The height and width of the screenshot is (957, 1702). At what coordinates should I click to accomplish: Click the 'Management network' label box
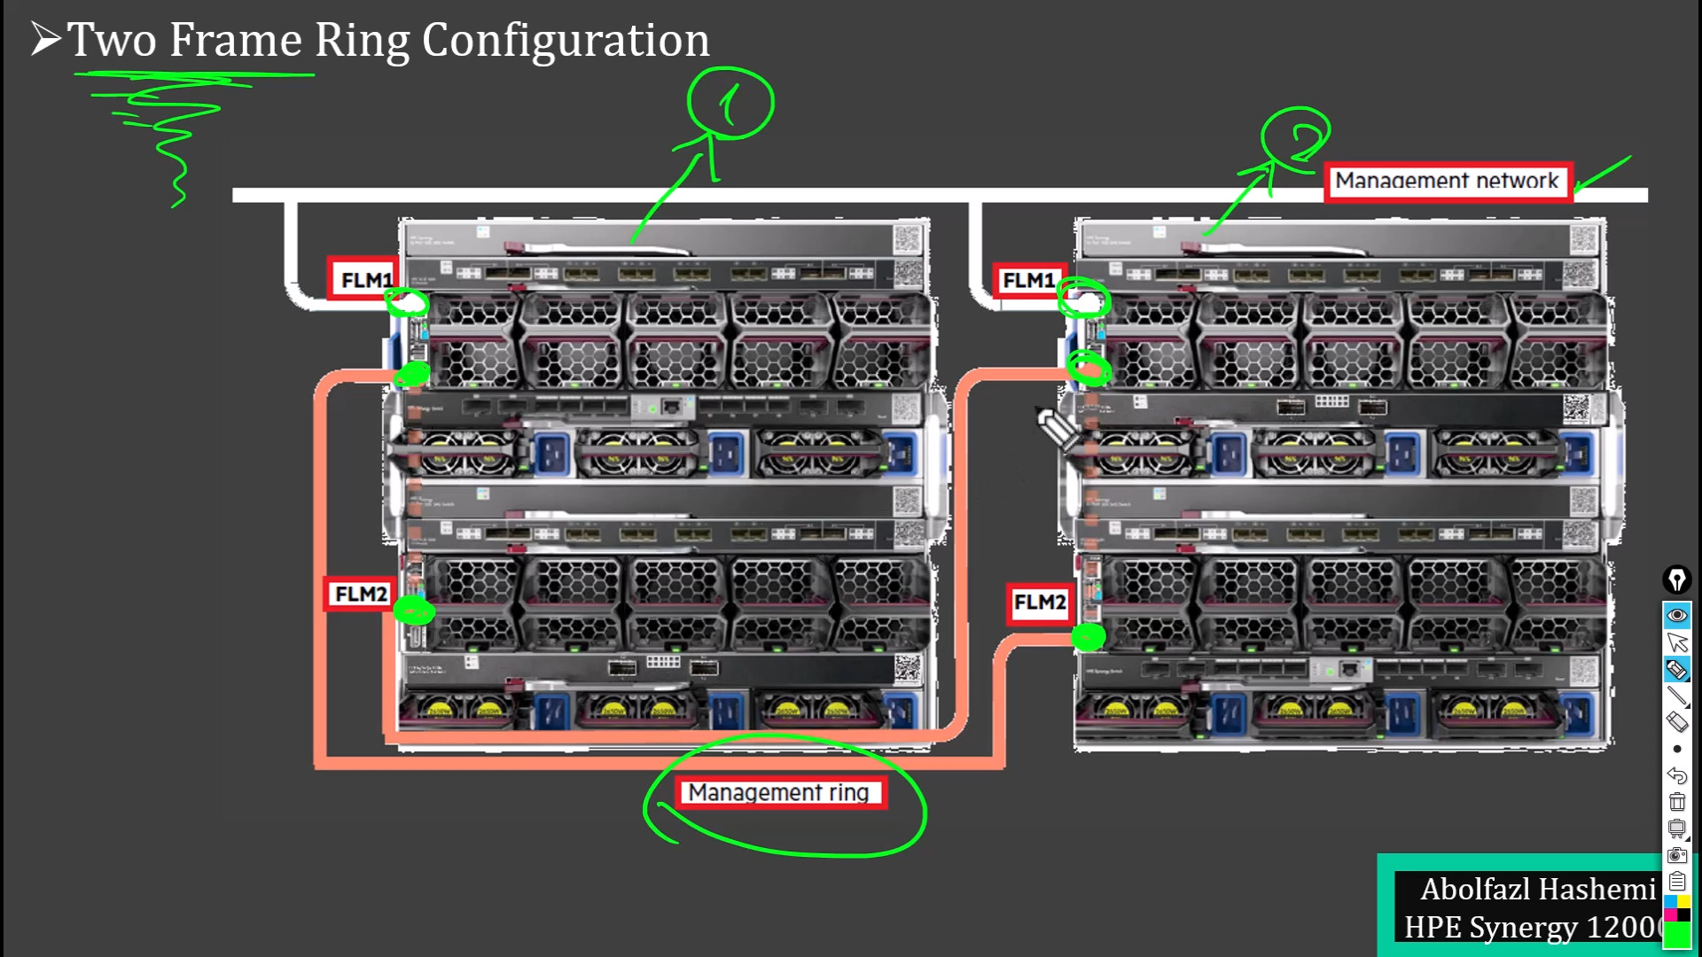click(x=1448, y=182)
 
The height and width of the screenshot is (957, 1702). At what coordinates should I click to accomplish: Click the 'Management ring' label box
click(x=779, y=792)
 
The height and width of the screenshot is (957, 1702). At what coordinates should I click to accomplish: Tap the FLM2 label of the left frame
click(x=360, y=594)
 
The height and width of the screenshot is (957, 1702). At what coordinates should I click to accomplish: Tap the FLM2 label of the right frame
click(x=1040, y=603)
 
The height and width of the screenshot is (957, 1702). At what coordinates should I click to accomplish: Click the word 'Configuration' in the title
click(x=566, y=41)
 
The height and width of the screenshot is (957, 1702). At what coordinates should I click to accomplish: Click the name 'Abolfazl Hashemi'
click(x=1537, y=889)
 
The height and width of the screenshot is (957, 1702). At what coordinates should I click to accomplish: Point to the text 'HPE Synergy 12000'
click(x=1531, y=927)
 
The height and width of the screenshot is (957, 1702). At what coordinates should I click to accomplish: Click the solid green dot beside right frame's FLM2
click(x=1088, y=637)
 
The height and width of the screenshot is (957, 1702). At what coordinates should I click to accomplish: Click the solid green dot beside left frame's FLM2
click(x=413, y=611)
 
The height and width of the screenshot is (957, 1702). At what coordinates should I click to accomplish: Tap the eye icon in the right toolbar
click(x=1676, y=615)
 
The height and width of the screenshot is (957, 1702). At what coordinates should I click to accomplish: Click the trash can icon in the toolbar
click(x=1676, y=802)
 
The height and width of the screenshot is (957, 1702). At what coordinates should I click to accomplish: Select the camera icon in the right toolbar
click(x=1676, y=855)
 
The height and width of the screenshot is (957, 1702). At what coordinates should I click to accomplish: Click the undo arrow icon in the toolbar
click(x=1676, y=775)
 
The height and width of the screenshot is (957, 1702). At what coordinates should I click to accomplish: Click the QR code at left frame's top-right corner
click(x=908, y=238)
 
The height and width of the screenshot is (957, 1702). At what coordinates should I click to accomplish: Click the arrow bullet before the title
click(x=45, y=39)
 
